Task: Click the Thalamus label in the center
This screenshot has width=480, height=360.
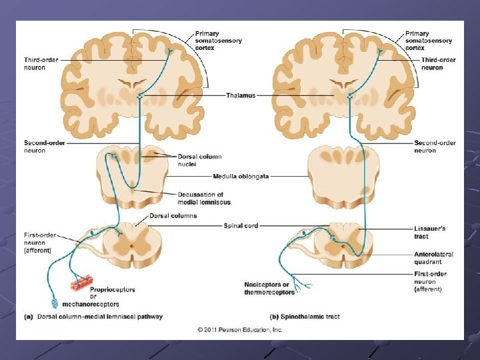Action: [240, 96]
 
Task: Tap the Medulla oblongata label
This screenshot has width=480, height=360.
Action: [241, 177]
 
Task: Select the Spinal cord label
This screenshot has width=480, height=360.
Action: [241, 226]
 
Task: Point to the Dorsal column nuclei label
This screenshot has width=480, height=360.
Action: [195, 160]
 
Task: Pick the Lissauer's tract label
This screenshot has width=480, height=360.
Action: [429, 232]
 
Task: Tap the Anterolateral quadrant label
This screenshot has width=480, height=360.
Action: [433, 258]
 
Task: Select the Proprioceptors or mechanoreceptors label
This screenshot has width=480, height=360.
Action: [112, 297]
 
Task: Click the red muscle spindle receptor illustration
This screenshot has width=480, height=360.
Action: [81, 283]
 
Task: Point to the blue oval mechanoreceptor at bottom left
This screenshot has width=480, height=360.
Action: [55, 303]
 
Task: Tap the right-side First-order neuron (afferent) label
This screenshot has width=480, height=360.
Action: [431, 281]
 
